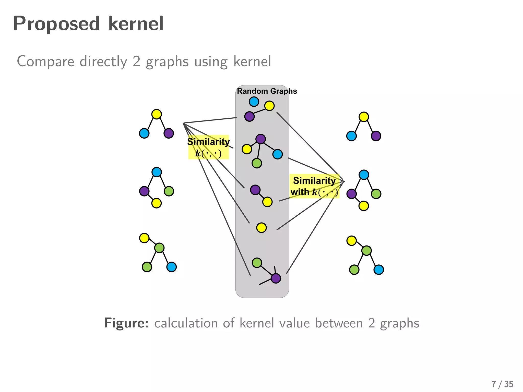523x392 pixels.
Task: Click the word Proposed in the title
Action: [x=56, y=24]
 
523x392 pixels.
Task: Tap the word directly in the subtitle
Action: [x=103, y=62]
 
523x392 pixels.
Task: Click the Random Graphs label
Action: [x=267, y=91]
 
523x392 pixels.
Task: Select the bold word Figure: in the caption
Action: [x=126, y=323]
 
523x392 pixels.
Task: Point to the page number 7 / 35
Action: [x=502, y=384]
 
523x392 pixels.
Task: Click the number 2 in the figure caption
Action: [x=371, y=323]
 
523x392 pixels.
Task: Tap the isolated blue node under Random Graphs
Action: [x=254, y=102]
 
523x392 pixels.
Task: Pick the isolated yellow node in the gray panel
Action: [x=261, y=228]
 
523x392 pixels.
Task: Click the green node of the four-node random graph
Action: [x=257, y=163]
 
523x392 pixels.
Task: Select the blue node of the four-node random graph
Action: [x=278, y=154]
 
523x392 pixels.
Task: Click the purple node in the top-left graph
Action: [x=169, y=133]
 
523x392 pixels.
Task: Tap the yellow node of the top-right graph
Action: [x=364, y=117]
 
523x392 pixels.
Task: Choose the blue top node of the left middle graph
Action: [x=157, y=172]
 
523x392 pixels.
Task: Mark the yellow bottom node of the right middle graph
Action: [x=364, y=206]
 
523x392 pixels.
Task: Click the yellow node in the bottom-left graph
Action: [x=144, y=238]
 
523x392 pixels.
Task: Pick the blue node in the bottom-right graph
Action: [x=378, y=269]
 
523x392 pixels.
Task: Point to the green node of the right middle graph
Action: [x=376, y=194]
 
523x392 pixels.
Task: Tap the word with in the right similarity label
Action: [x=300, y=192]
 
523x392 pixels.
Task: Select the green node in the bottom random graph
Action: [x=257, y=263]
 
